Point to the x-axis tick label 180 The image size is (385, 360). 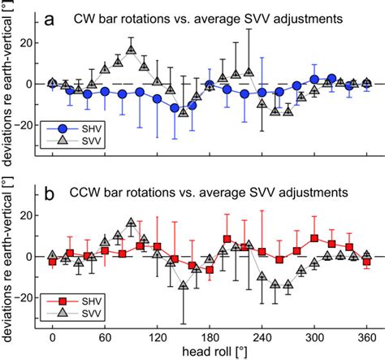pyautogui.click(x=210, y=336)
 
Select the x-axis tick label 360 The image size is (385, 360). pyautogui.click(x=366, y=336)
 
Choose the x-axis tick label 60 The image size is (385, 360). pyautogui.click(x=105, y=336)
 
